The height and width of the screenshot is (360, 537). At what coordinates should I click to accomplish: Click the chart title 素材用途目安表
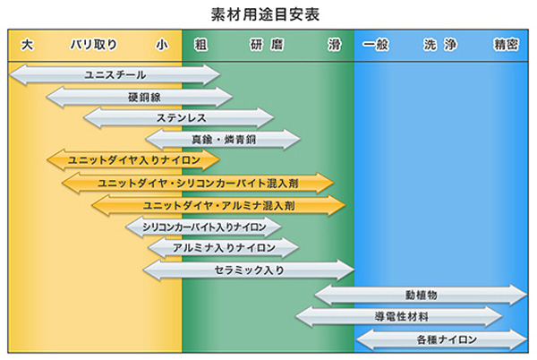tap(269, 14)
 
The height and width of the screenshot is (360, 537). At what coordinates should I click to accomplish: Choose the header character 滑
tap(334, 45)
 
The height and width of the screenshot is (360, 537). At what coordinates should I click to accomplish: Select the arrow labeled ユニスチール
tap(114, 75)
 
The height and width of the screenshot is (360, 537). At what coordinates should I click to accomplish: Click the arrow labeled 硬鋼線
tap(139, 97)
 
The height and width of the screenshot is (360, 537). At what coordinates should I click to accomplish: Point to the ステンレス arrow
tap(178, 118)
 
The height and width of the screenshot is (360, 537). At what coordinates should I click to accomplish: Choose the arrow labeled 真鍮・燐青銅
tap(223, 140)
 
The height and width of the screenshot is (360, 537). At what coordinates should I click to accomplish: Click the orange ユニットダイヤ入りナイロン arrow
tap(132, 161)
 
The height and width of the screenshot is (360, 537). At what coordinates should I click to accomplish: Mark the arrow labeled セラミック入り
tap(249, 270)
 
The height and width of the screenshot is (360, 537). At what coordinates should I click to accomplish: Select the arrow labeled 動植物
tap(421, 295)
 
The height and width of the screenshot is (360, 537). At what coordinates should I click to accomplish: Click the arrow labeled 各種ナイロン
tap(440, 339)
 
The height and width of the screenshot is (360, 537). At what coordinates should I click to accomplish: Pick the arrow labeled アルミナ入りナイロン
tap(223, 248)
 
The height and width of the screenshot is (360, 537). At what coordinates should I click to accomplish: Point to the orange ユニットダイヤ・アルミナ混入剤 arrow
tap(218, 205)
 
